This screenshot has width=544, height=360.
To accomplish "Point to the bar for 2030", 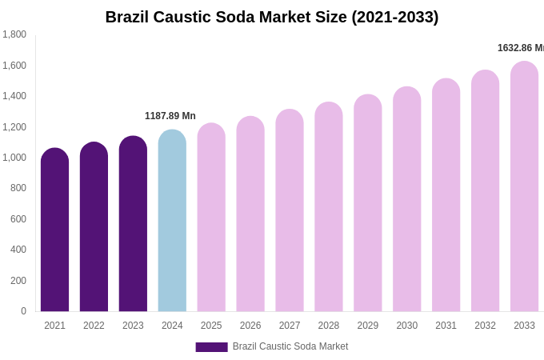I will coord(406,199).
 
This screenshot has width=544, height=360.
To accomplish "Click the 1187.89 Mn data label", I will coord(170,116).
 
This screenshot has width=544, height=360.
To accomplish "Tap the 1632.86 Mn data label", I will coord(520,48).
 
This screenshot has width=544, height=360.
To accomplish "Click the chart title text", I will coord(272,17).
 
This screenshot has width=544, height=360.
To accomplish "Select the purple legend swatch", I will coord(211,347).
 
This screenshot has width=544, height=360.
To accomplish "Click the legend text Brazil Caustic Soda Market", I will coord(290,346).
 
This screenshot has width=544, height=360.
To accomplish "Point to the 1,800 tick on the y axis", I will coord(14,34).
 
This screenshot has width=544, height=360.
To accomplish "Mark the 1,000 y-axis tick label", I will coord(14,158).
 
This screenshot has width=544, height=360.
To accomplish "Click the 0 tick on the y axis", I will coord(23,311).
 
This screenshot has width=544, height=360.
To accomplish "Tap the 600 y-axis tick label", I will coord(18,219).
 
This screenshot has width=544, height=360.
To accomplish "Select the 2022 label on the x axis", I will coord(94,326).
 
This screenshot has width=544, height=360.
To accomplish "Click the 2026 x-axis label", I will coord(250,326).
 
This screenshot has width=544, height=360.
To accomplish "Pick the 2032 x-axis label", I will coord(485,326).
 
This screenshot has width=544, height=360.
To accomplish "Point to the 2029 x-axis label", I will coord(368,326).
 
